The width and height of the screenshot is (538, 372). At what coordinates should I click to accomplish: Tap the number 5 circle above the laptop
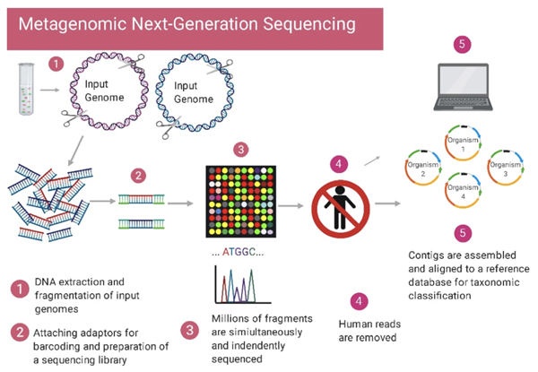pyautogui.click(x=462, y=42)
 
